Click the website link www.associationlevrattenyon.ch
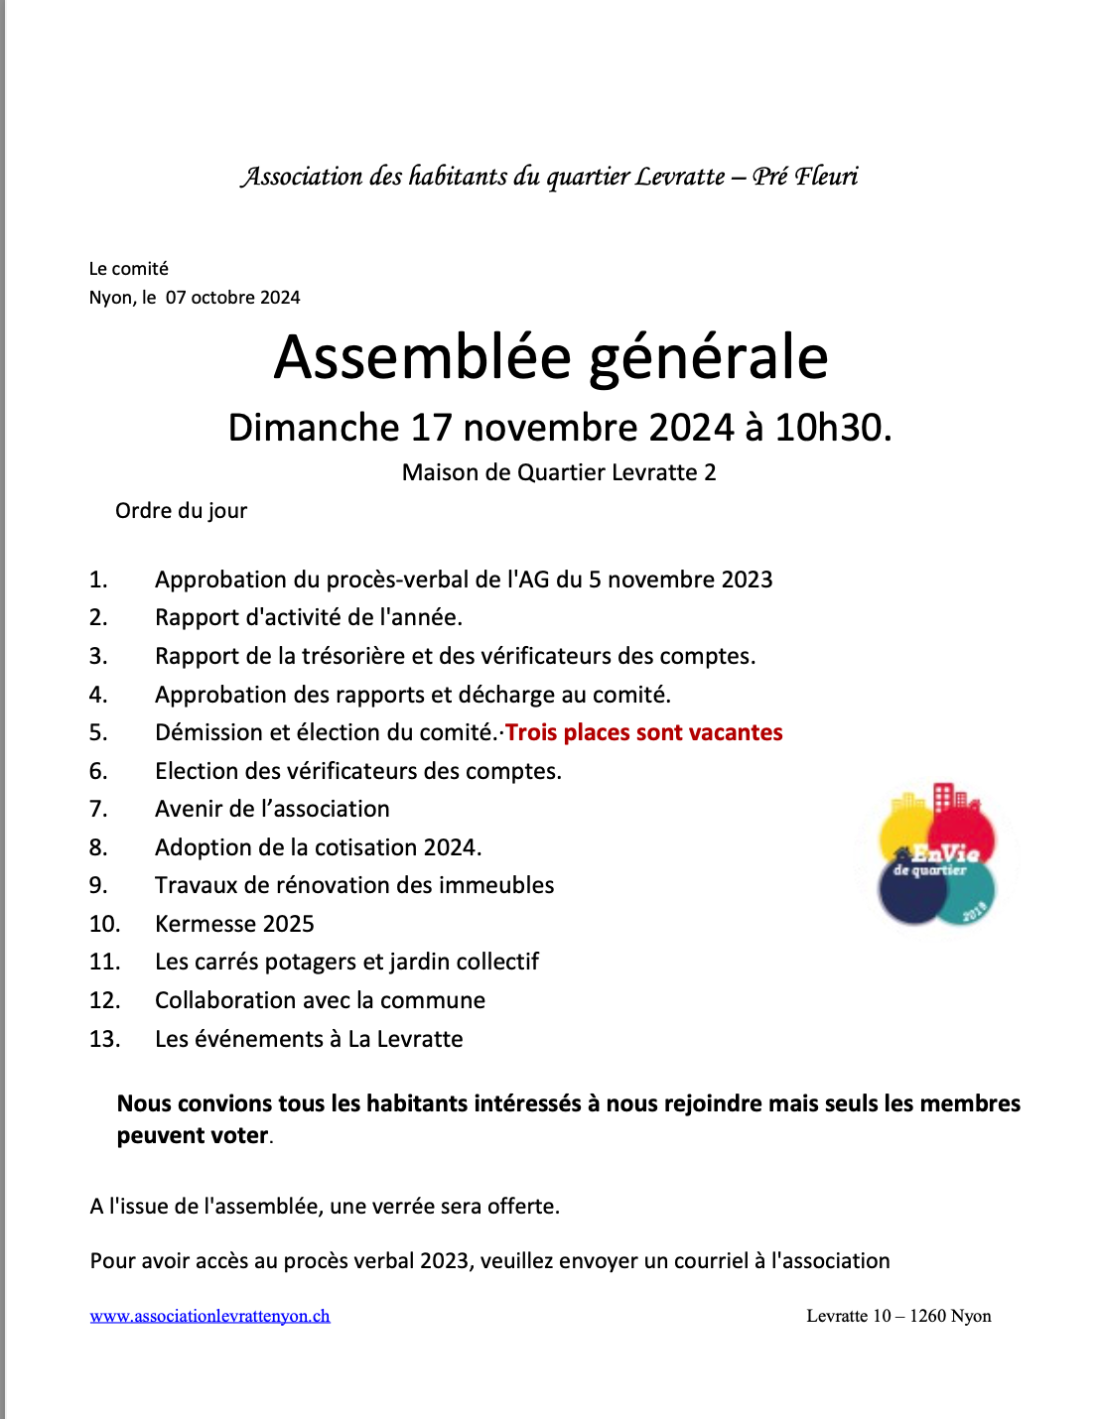[209, 1316]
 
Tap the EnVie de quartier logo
[936, 855]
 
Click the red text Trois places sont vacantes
[643, 732]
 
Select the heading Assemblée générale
[551, 357]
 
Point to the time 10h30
[832, 428]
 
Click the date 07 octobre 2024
[233, 298]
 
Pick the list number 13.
[104, 1039]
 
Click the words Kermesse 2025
[234, 924]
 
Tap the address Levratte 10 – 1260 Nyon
[898, 1316]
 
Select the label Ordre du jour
[181, 511]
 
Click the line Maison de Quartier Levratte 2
[559, 472]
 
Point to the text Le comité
[129, 269]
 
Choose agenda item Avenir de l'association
[272, 809]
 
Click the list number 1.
[97, 580]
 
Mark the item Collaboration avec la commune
[320, 1000]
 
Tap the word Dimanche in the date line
[314, 428]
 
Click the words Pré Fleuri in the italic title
[805, 177]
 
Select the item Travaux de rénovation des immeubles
[354, 885]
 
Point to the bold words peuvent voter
[193, 1135]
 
